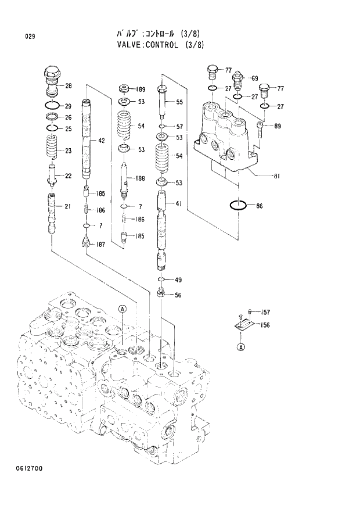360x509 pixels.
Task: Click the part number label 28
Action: (69, 87)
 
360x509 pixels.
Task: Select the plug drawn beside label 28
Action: (51, 82)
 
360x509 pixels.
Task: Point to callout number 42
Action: (101, 141)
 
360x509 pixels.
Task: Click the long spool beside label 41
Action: (163, 227)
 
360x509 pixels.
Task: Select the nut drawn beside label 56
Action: (162, 294)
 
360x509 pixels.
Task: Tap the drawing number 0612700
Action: (28, 468)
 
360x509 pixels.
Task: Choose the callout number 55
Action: (179, 102)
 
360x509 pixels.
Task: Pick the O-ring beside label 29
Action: (52, 105)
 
